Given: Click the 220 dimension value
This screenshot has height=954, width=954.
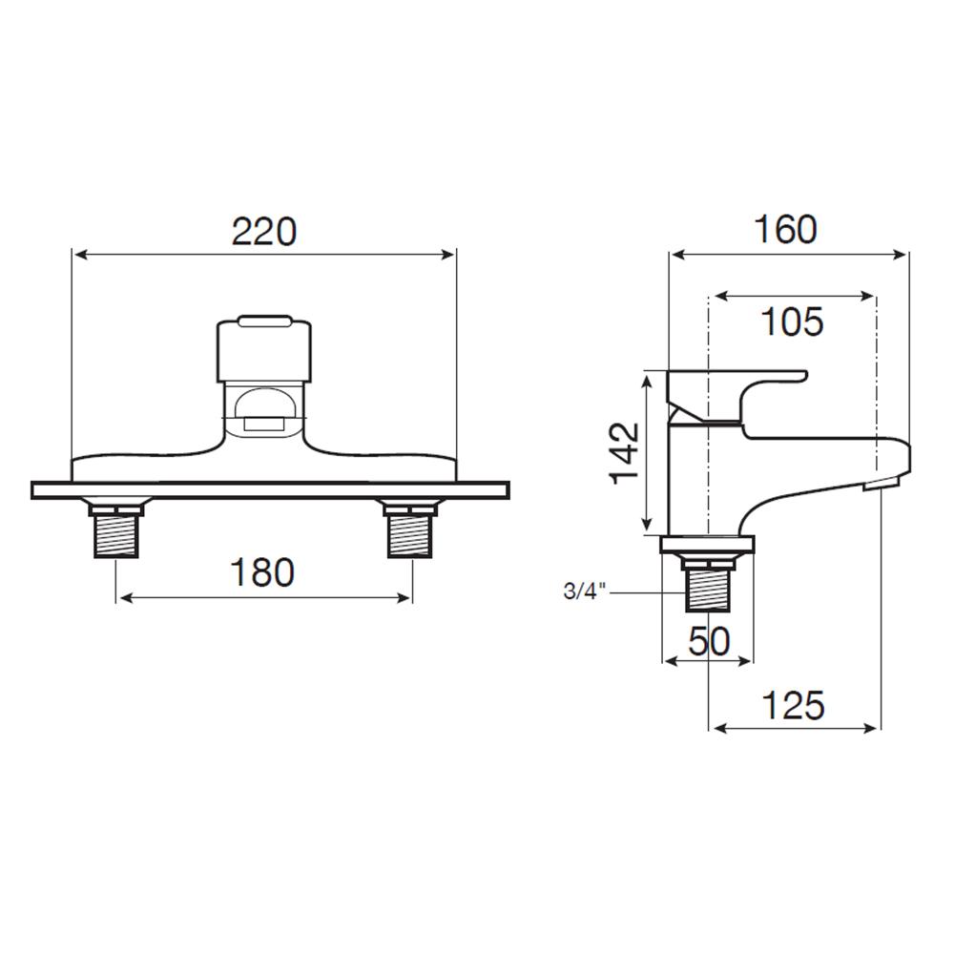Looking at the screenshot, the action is [264, 232].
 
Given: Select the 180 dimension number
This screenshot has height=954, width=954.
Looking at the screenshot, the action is [263, 572].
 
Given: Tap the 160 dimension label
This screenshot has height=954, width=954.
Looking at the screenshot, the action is [785, 229].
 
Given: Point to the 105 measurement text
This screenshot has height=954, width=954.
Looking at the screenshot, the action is [792, 321].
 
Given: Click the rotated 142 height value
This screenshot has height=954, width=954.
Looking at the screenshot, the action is [626, 452].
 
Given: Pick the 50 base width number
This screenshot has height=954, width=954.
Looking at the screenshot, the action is [710, 641].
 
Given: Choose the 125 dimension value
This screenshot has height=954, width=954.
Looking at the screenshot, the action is [794, 706].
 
